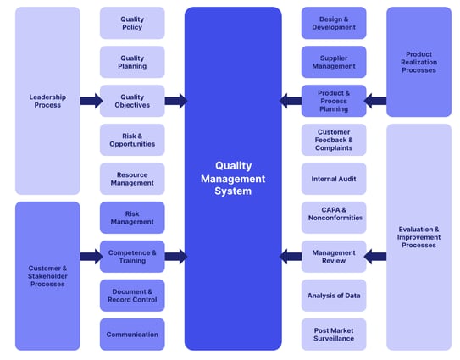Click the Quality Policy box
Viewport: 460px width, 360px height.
pyautogui.click(x=132, y=23)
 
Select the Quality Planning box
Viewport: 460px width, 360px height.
pyautogui.click(x=132, y=62)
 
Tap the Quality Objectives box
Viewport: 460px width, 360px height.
pyautogui.click(x=132, y=101)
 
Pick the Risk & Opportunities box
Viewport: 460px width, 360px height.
pyautogui.click(x=132, y=140)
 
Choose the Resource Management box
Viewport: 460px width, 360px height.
pyautogui.click(x=132, y=179)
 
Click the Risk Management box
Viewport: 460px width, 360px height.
pyautogui.click(x=132, y=218)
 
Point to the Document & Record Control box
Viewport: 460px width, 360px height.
pyautogui.click(x=132, y=296)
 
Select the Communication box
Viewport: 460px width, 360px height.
pyautogui.click(x=132, y=335)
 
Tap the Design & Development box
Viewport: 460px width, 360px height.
pyautogui.click(x=334, y=23)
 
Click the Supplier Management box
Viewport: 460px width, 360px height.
pyautogui.click(x=334, y=62)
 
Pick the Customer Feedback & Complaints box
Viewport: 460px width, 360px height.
pyautogui.click(x=334, y=140)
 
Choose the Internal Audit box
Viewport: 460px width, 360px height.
pyautogui.click(x=334, y=179)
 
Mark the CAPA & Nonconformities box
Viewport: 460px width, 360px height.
pyautogui.click(x=334, y=218)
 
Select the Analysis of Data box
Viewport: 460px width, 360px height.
pyautogui.click(x=334, y=296)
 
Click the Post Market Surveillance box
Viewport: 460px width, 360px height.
pyautogui.click(x=334, y=335)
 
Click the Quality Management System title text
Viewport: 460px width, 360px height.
pyautogui.click(x=233, y=179)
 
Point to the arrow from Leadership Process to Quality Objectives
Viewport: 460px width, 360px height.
pyautogui.click(x=91, y=101)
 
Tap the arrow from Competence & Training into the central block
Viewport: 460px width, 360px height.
pyautogui.click(x=175, y=257)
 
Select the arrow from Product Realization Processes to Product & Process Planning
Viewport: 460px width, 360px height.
pyautogui.click(x=376, y=101)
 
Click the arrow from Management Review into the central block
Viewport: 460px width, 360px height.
pyautogui.click(x=291, y=257)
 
